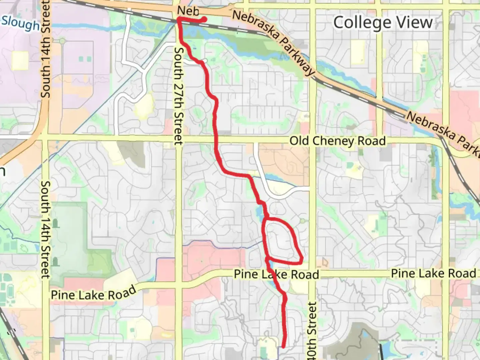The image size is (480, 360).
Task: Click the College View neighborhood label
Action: point(383,23)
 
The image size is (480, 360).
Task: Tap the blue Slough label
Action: point(21,23)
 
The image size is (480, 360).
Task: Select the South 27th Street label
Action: point(179,96)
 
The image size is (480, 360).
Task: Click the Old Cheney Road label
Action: point(337,141)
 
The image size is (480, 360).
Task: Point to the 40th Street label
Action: point(311,330)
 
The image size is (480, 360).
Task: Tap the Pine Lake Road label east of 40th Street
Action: point(433,273)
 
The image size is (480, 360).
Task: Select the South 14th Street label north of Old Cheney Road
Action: point(45,50)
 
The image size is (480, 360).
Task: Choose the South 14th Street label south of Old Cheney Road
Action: point(45,230)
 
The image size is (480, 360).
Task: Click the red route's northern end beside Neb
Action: point(204,19)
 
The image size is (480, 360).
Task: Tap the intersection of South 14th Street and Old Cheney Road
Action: point(45,137)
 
